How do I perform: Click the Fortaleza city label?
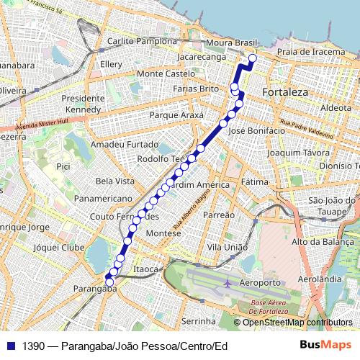click(285, 93)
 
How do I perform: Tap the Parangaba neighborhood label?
click(94, 289)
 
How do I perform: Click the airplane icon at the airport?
click(228, 283)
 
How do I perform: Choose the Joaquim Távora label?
click(292, 153)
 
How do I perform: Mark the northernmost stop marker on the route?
click(253, 59)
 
